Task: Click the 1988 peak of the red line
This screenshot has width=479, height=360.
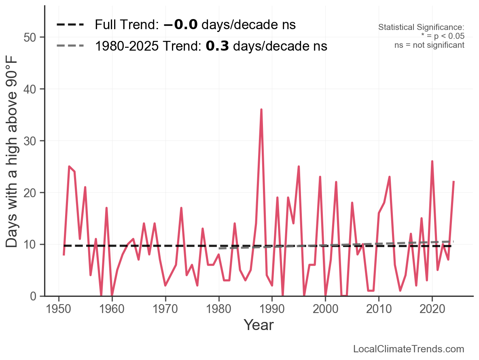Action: point(261,110)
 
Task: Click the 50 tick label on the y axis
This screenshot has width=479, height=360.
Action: point(29,38)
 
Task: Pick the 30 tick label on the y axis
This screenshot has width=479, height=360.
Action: point(29,141)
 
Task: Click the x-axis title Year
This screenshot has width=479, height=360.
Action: point(259,325)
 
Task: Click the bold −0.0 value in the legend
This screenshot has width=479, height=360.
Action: point(181,25)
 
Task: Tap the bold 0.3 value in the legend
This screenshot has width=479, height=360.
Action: point(218,46)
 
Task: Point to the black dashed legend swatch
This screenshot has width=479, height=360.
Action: point(70,25)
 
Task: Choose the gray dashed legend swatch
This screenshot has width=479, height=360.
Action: point(70,46)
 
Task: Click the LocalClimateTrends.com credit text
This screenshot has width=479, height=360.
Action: point(409,349)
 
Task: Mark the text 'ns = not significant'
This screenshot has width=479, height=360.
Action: point(429,45)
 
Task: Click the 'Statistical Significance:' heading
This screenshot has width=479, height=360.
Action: point(421,28)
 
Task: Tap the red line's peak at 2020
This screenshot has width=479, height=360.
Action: point(432,162)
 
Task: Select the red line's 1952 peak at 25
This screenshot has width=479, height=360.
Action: point(69,166)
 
